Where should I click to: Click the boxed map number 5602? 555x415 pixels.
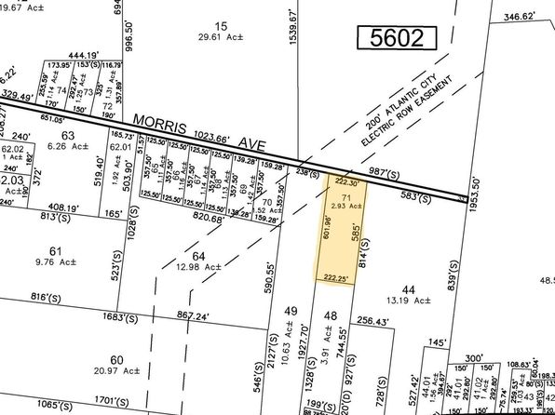pos(397,38)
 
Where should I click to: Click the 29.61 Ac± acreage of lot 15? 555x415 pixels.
pos(221,38)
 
